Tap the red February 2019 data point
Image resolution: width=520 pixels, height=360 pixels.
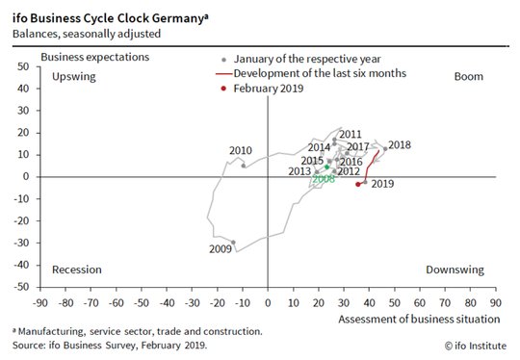(x=358, y=184)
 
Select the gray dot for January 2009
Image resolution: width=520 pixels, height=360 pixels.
(x=233, y=243)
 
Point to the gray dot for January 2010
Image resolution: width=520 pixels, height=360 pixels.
(x=244, y=166)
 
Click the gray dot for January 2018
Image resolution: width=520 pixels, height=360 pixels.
(x=385, y=149)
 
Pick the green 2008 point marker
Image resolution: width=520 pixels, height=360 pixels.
(x=327, y=167)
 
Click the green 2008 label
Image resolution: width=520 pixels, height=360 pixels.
(x=324, y=179)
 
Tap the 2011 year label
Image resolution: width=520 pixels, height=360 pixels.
(x=351, y=134)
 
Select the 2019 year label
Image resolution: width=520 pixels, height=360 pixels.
(x=382, y=184)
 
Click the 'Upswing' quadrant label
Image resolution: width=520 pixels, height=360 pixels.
(x=74, y=77)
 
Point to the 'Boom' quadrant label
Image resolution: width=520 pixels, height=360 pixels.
(x=469, y=77)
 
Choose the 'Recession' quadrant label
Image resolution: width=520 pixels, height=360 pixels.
(x=77, y=270)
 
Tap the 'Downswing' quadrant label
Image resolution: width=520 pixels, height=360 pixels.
(x=455, y=270)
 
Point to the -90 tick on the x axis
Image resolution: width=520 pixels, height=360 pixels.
(x=40, y=303)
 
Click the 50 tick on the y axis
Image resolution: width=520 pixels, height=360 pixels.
(x=23, y=66)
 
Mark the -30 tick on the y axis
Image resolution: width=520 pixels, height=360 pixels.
(x=21, y=243)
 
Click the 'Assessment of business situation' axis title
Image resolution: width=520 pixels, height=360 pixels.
(x=419, y=320)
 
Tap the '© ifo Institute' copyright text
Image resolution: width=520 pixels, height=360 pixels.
(x=476, y=346)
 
